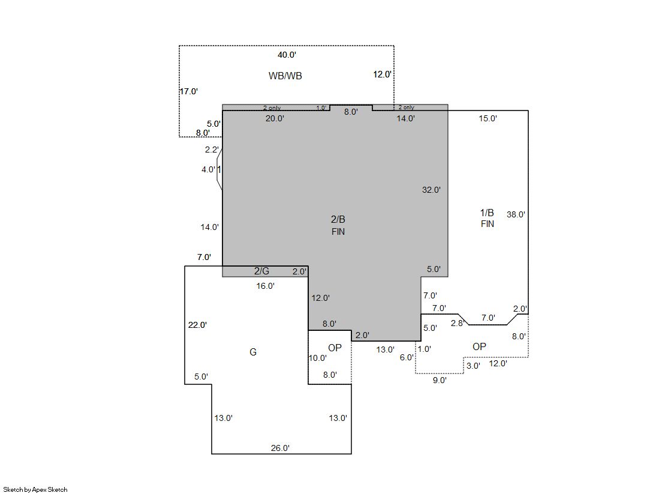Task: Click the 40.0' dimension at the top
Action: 287,55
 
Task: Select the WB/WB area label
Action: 285,76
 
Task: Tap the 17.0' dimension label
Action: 188,91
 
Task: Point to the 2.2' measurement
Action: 212,150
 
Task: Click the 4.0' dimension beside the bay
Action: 209,169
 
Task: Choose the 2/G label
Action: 261,271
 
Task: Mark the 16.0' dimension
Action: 265,286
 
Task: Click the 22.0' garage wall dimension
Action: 197,325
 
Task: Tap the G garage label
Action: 253,352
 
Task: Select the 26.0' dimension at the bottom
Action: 280,448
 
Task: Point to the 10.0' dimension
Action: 318,358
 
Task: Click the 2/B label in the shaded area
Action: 338,220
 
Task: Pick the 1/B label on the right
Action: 487,213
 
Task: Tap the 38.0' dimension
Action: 516,214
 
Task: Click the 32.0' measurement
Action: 431,190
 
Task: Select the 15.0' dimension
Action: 488,118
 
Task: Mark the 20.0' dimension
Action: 275,118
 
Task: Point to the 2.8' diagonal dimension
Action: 458,323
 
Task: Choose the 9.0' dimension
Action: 440,380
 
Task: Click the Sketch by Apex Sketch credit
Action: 35,489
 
